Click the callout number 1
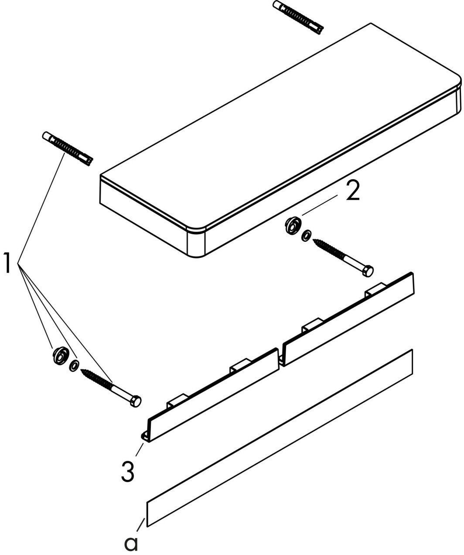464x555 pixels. pos(7,263)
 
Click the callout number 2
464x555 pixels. pos(353,190)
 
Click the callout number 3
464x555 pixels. pos(128,472)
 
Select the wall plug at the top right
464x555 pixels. pos(298,17)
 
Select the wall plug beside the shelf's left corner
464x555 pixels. pos(68,149)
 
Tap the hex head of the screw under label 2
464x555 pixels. pos(368,271)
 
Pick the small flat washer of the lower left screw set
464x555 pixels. pos(74,366)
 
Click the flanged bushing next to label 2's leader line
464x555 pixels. pos(293,226)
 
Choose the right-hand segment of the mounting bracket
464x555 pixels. pos(348,319)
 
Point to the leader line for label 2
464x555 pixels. pos(320,205)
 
